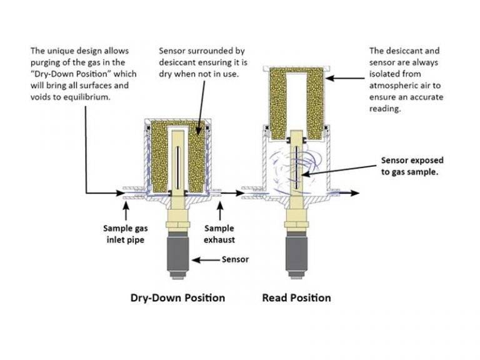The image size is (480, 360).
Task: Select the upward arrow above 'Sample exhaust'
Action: [217, 210]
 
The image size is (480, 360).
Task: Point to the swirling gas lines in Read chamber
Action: [294, 166]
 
